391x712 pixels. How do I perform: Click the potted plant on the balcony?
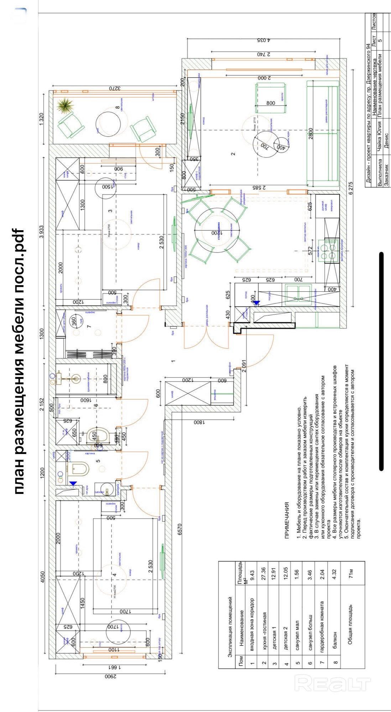[x=65, y=105]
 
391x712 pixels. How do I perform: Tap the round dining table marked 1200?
[x=217, y=232]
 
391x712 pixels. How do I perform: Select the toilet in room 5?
[x=78, y=469]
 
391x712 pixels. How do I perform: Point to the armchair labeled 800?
[x=271, y=98]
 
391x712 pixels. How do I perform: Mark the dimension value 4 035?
[x=264, y=40]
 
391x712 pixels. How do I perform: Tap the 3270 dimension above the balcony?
[x=115, y=88]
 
